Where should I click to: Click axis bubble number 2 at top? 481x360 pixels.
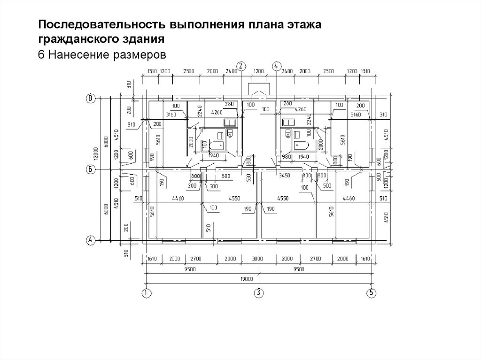coord(240,66)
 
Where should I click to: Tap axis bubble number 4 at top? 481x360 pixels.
coord(276,66)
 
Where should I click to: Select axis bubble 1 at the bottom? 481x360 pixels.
coord(146,293)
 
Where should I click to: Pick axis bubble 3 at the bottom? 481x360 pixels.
coord(258,293)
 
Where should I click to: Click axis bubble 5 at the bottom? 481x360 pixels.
coord(371,293)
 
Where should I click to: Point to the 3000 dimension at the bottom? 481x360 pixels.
coord(257,259)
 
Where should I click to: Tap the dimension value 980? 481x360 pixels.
coord(287,157)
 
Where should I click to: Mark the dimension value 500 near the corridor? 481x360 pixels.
coord(327,185)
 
